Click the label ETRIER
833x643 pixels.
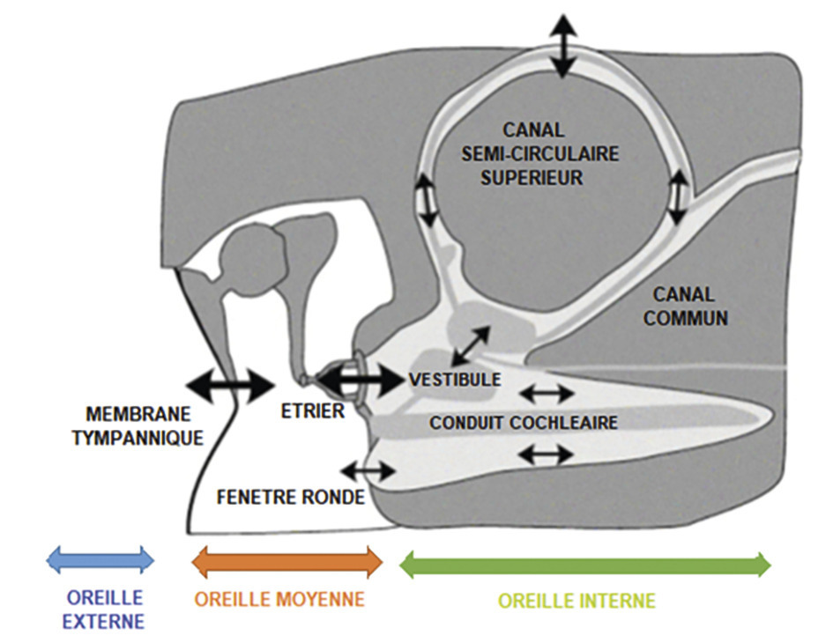(314, 410)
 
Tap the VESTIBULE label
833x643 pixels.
(455, 380)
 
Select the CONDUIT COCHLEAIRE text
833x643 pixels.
(524, 423)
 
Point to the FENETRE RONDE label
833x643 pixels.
(290, 498)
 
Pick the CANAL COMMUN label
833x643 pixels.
(686, 306)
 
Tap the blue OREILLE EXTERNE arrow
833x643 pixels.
(100, 559)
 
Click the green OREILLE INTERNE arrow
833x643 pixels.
(585, 563)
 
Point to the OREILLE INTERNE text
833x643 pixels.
(576, 602)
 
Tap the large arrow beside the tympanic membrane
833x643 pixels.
(231, 383)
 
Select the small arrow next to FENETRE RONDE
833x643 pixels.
(368, 469)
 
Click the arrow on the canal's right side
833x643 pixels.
(678, 196)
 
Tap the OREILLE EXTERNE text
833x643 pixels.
(104, 610)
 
